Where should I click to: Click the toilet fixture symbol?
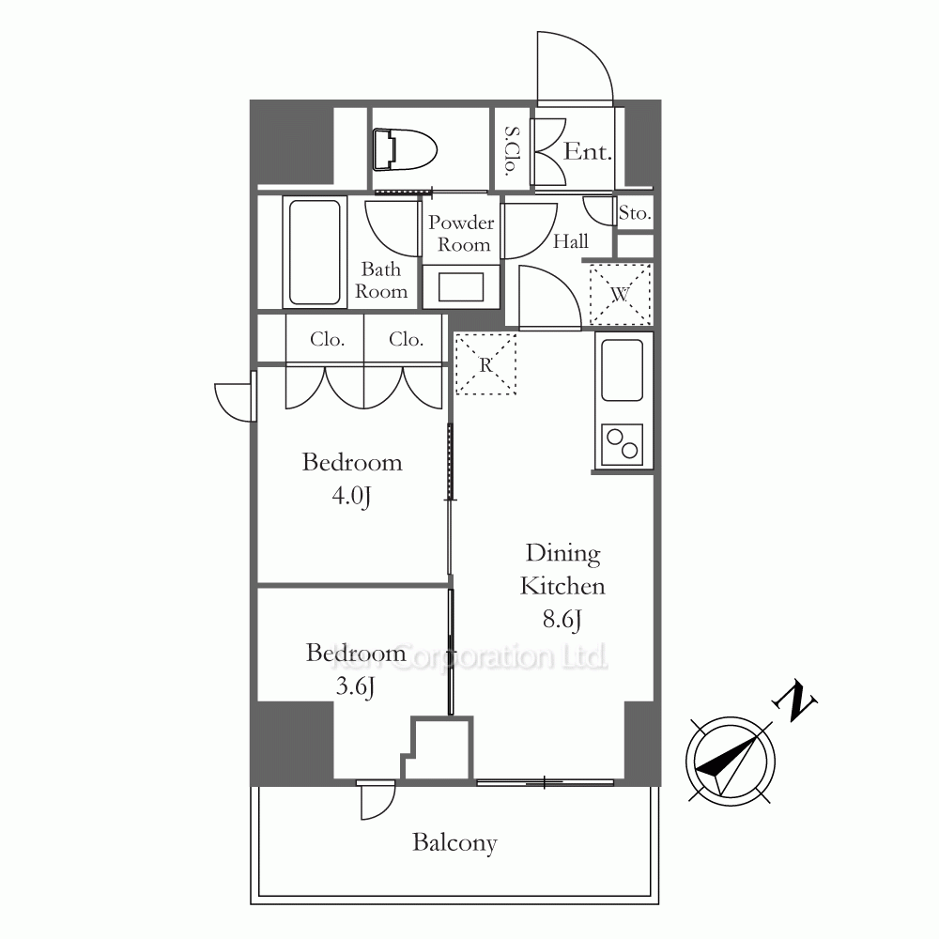(x=404, y=149)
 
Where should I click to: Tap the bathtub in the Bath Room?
(x=315, y=252)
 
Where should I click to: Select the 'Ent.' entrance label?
(x=588, y=151)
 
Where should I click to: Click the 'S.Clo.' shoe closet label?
(x=512, y=150)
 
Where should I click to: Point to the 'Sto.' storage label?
(x=635, y=212)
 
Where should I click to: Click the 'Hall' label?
(x=570, y=241)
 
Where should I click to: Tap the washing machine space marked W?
(x=621, y=295)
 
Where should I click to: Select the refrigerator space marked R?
(x=485, y=364)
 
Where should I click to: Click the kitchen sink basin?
(x=623, y=370)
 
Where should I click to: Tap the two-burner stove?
(x=623, y=444)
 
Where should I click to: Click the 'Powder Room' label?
(x=461, y=234)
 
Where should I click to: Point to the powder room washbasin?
(x=460, y=287)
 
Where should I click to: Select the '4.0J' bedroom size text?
(x=351, y=497)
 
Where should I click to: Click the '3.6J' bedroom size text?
(x=355, y=687)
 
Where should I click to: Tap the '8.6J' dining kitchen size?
(x=562, y=619)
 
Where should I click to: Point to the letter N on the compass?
(x=794, y=700)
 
